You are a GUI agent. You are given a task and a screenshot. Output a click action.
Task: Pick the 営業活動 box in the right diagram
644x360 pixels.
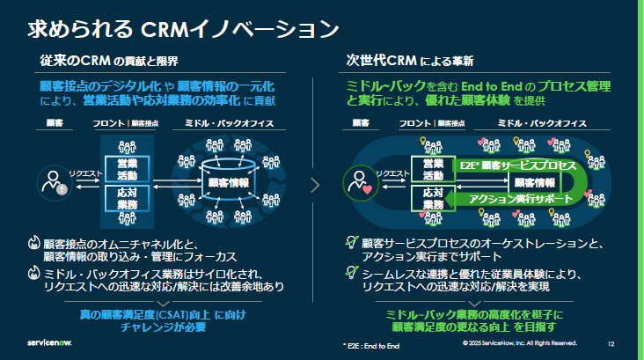click(x=433, y=168)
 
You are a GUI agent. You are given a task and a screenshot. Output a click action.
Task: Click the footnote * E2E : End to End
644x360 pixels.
click(x=371, y=343)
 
